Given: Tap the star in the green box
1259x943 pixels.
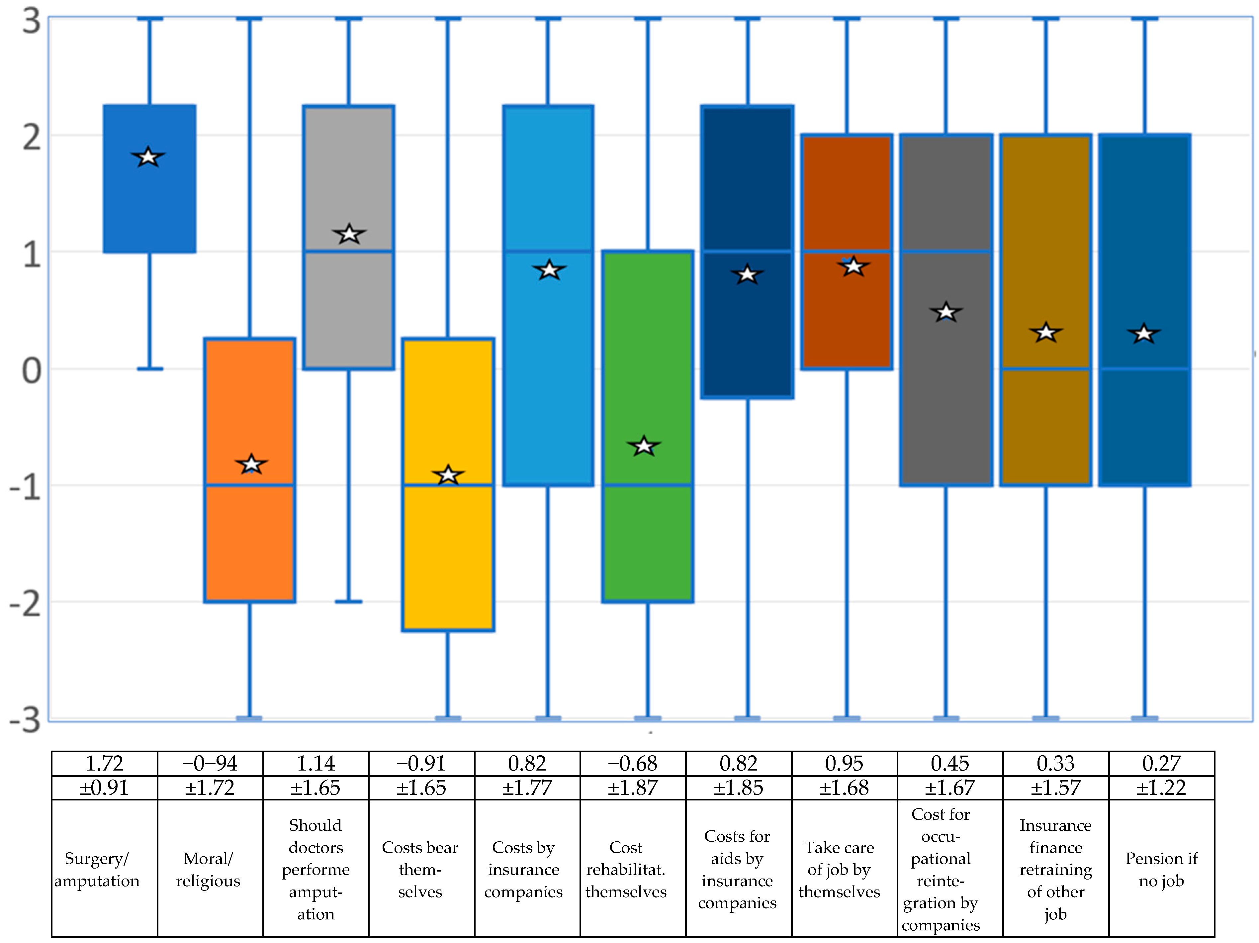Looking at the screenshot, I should pos(644,446).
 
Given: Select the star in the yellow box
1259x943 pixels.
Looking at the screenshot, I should pos(448,474).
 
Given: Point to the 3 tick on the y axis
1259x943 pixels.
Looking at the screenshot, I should pos(31,22).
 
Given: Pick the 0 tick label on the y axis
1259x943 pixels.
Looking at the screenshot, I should pos(31,371).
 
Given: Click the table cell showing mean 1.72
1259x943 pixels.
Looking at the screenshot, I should pos(104,763).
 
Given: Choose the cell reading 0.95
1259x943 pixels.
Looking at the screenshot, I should pos(844,763).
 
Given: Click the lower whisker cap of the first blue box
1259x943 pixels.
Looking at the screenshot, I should pos(150,369).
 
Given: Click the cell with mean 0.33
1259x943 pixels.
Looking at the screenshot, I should pos(1055,763).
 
